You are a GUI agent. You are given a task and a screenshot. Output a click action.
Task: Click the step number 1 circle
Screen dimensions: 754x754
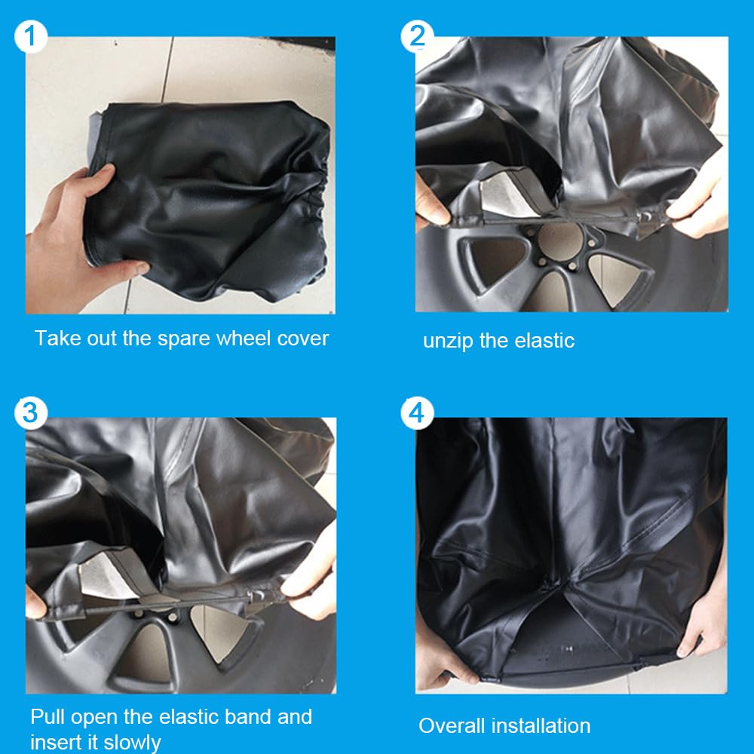tap(31, 36)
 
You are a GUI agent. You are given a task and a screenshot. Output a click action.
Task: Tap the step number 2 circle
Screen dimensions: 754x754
tap(417, 36)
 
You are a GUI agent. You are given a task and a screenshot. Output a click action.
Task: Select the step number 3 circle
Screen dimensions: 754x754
tap(31, 413)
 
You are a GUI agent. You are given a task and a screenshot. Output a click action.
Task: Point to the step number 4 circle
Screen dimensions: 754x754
tap(417, 413)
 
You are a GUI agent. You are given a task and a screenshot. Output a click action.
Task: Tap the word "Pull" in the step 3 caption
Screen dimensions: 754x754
tap(48, 717)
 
